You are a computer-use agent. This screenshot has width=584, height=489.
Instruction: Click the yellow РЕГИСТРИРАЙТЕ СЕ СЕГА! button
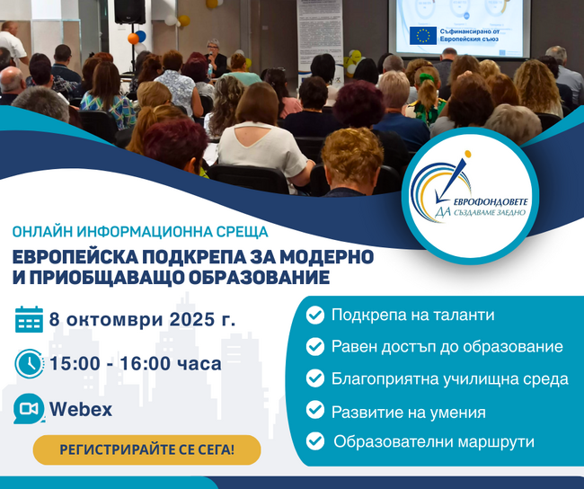146,449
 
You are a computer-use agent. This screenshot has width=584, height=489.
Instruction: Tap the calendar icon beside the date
29,319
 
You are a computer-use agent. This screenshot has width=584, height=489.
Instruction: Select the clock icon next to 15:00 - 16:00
29,363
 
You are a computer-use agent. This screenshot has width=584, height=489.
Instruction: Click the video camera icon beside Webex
29,409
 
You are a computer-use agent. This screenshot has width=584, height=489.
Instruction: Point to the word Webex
81,409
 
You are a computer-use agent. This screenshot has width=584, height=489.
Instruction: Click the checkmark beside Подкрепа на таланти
315,316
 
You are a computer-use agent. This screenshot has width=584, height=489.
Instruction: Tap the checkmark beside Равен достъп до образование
315,346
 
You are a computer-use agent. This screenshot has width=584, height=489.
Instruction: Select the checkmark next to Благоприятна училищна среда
315,378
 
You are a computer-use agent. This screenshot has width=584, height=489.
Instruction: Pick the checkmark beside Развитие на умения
315,411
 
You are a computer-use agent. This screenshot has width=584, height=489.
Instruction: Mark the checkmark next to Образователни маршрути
315,440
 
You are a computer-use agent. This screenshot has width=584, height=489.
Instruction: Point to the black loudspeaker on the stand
129,11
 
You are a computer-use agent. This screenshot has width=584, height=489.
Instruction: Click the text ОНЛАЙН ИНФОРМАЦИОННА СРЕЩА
114,231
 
